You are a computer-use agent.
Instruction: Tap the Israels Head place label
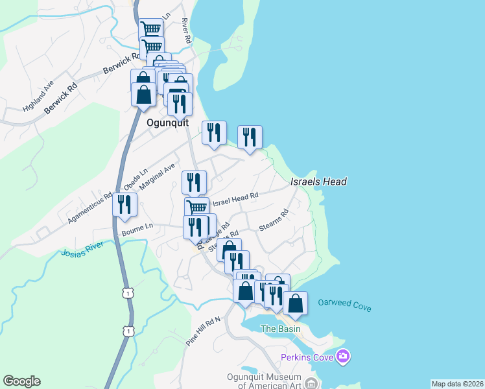click(x=318, y=182)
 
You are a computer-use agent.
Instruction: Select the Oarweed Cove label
click(x=344, y=305)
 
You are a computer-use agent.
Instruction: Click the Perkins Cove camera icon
click(x=343, y=357)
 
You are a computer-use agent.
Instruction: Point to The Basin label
click(x=280, y=329)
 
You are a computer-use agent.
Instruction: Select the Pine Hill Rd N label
click(x=204, y=331)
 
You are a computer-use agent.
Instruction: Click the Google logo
click(x=21, y=381)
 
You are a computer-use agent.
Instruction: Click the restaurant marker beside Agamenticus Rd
click(x=123, y=205)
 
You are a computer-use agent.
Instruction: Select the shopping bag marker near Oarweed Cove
click(x=295, y=303)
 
